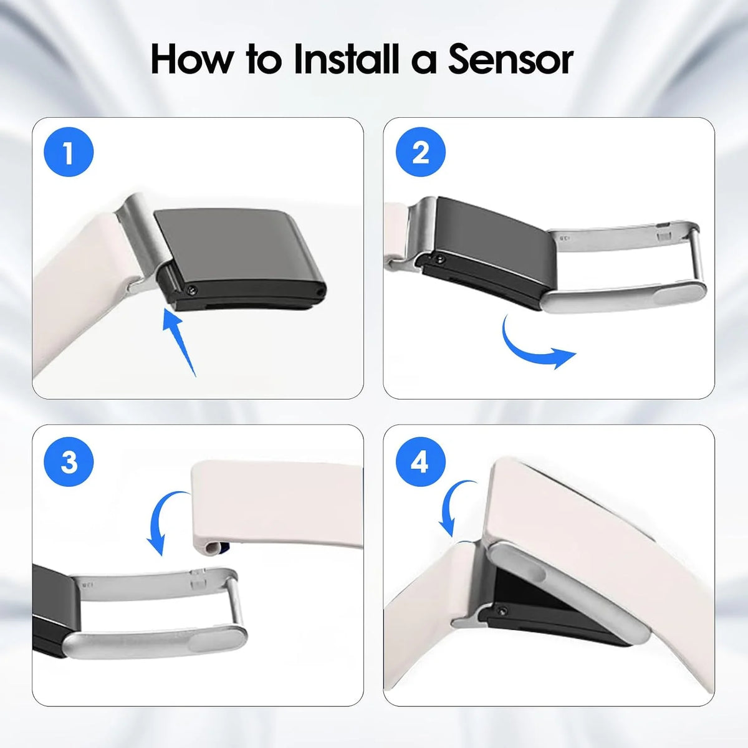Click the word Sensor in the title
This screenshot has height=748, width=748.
click(x=511, y=59)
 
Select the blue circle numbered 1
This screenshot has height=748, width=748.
click(x=69, y=151)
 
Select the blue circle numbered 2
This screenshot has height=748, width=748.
click(x=421, y=151)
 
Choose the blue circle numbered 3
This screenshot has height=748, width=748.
click(x=69, y=461)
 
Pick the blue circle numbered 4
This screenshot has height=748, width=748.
click(x=421, y=461)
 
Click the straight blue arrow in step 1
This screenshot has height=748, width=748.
click(x=180, y=342)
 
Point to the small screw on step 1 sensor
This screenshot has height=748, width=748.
click(x=192, y=289)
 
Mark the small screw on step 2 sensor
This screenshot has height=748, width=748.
click(x=439, y=259)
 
